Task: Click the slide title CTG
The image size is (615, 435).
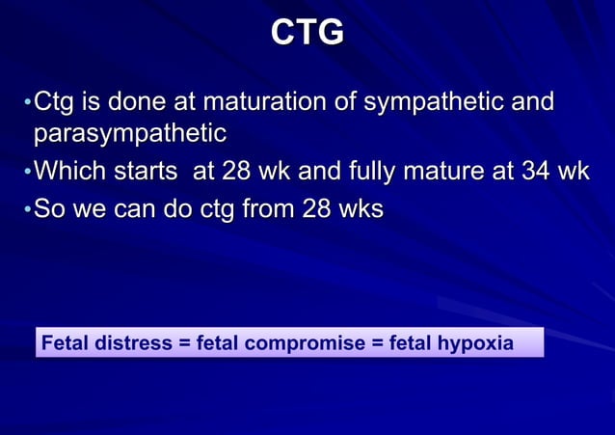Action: pyautogui.click(x=307, y=33)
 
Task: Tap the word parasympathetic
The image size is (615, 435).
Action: pyautogui.click(x=130, y=132)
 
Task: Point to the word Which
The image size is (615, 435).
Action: pyautogui.click(x=71, y=173)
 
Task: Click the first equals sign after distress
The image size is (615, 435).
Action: pyautogui.click(x=184, y=342)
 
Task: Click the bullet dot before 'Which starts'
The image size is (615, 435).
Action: pyautogui.click(x=28, y=174)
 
